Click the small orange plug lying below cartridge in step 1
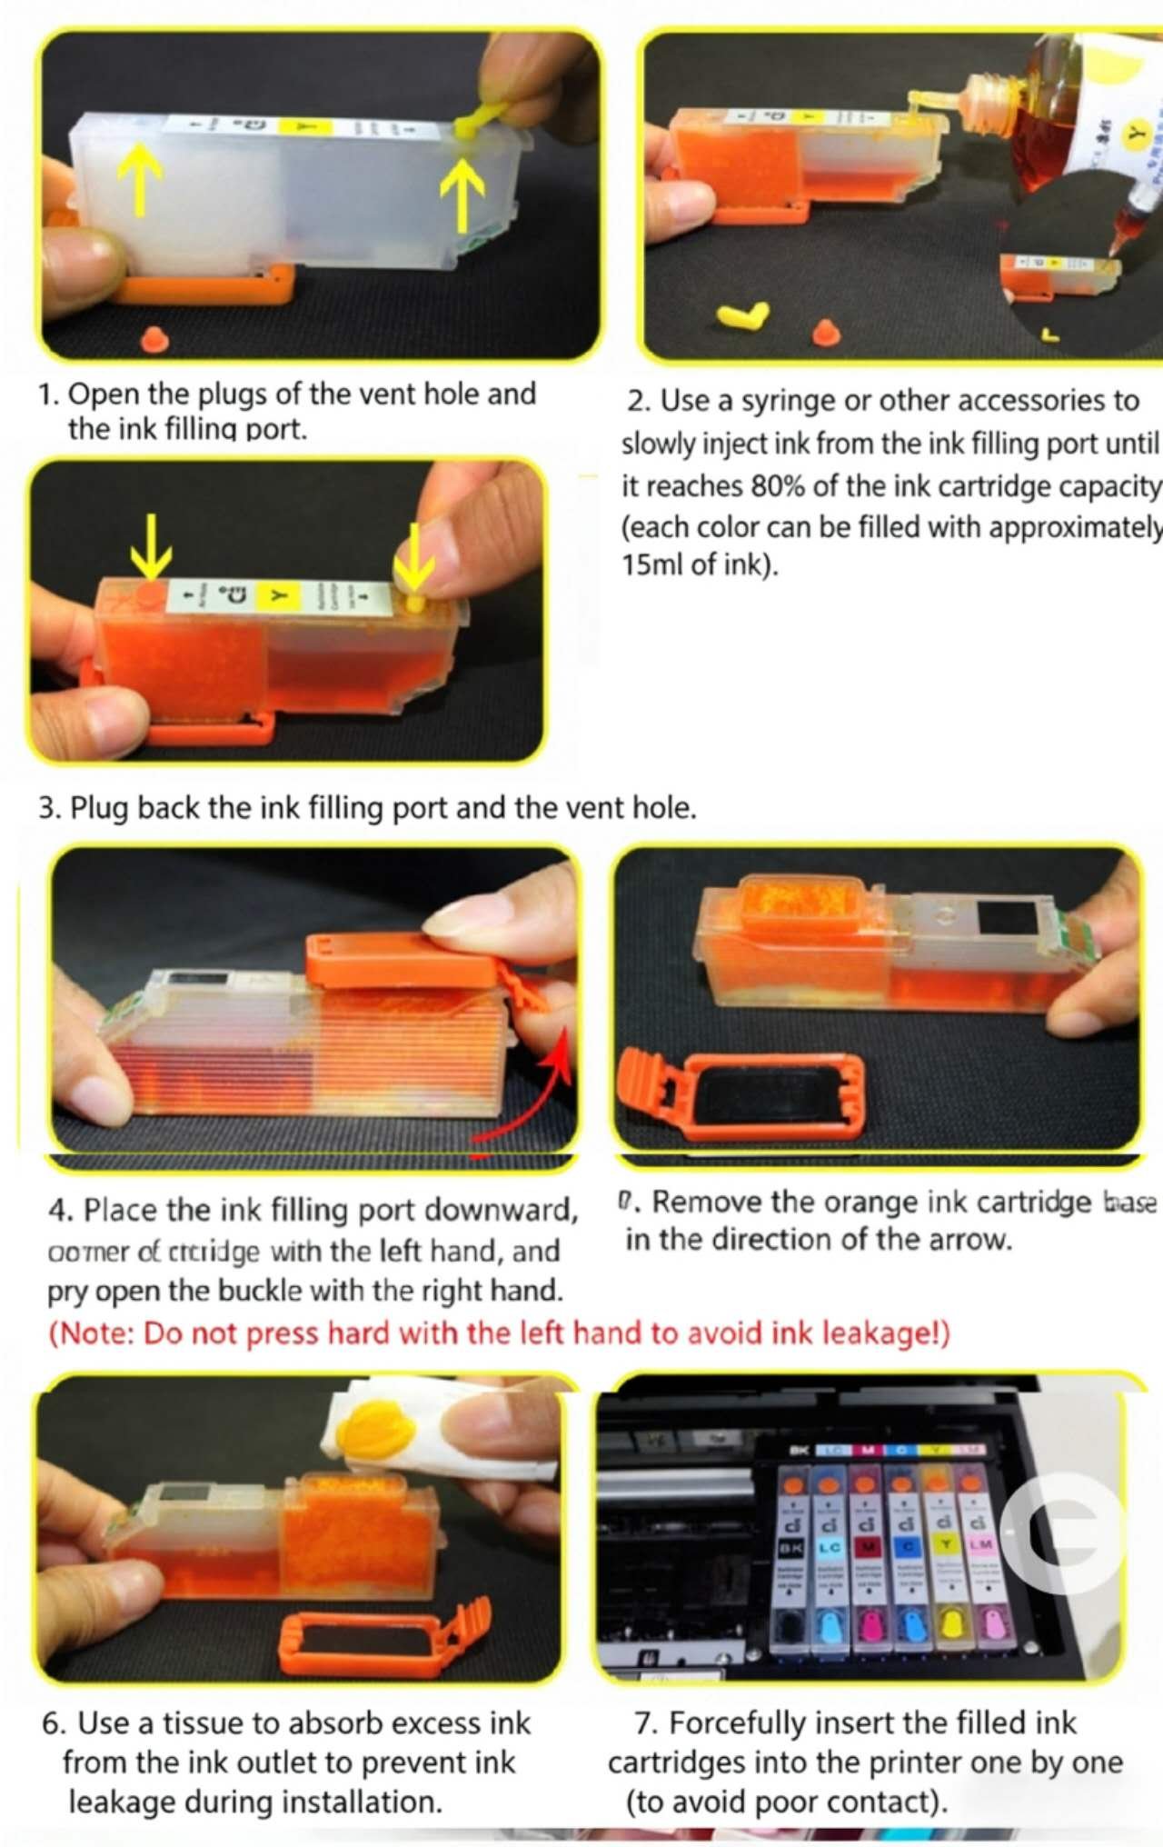[154, 338]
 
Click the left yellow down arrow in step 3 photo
[151, 546]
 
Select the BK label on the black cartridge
[790, 1545]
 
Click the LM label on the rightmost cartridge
[980, 1544]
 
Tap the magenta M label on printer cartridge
[868, 1545]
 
